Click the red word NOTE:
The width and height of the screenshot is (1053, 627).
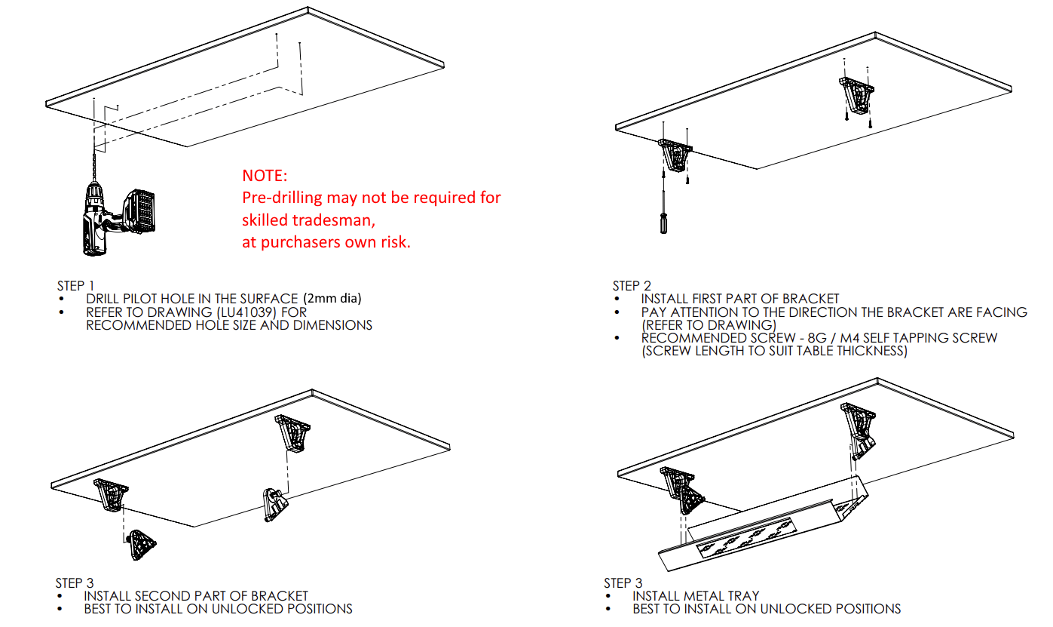point(265,176)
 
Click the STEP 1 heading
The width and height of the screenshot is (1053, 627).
point(75,286)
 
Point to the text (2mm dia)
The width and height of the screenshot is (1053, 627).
point(332,298)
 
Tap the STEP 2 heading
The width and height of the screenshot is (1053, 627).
point(632,286)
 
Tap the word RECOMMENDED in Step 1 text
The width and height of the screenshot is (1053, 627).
point(132,325)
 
